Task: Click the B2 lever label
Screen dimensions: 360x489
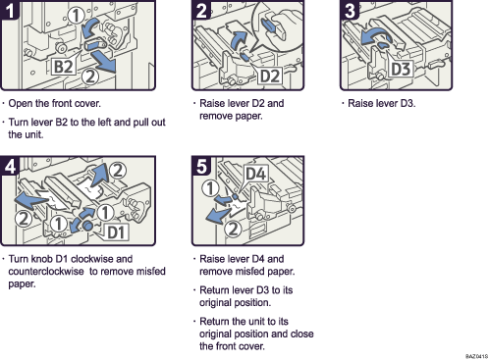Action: (x=62, y=67)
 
